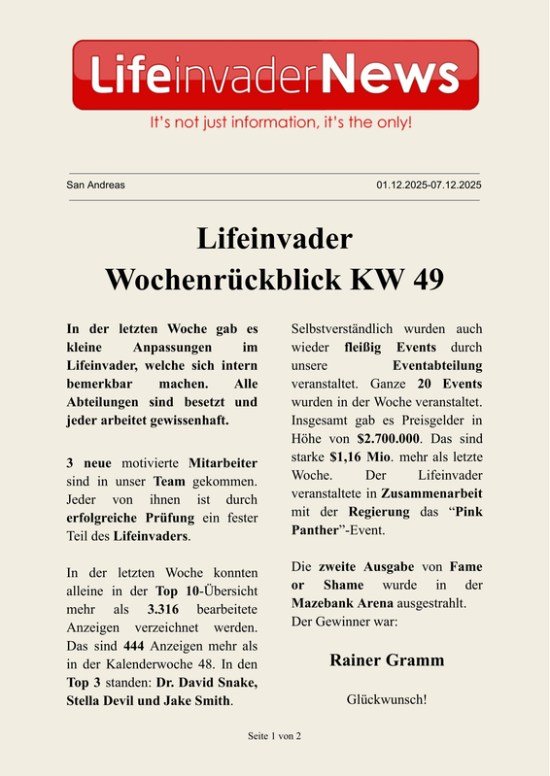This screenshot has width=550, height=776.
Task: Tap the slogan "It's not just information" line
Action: coord(280,123)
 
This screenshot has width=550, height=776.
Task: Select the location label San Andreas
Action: coord(95,185)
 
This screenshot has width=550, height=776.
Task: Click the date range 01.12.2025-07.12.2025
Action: coord(430,185)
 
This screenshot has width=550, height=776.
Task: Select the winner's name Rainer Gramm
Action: coord(387,660)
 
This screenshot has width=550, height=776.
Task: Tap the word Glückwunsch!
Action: coord(387,698)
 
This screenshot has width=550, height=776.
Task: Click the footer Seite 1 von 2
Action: coord(275,736)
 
